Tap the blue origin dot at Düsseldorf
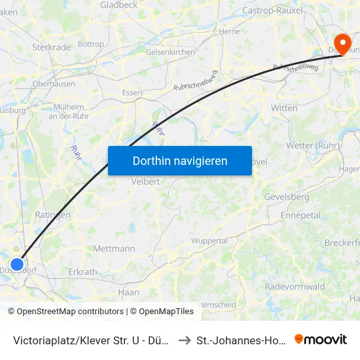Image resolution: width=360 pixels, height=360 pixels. (17, 264)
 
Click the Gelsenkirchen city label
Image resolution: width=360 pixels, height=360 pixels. (170, 52)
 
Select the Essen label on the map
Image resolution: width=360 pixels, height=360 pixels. (132, 93)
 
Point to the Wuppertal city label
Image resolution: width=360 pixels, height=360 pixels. (209, 241)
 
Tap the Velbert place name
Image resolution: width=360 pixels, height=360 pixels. (145, 182)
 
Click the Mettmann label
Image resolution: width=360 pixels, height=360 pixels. (114, 249)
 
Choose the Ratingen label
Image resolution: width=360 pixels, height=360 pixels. (52, 215)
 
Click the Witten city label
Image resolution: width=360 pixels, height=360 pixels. (284, 107)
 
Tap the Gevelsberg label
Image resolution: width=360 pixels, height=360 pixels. (286, 196)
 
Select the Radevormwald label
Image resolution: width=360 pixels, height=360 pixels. (295, 287)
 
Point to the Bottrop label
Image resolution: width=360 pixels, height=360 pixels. (91, 45)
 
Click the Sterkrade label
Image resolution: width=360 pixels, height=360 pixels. (51, 47)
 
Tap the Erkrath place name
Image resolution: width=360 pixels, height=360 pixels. (82, 272)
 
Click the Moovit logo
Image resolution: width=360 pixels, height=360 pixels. (321, 339)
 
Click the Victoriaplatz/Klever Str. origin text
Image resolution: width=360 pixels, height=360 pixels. (92, 340)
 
